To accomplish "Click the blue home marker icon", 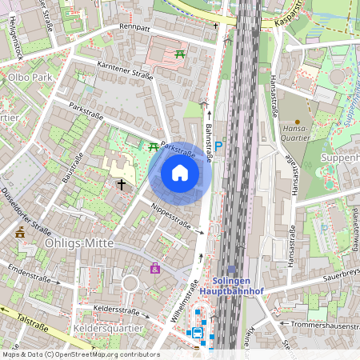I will coord(180,173).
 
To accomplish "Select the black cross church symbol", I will coord(122,184).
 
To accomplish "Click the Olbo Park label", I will coord(30,78).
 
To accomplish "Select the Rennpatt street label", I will coord(134,26).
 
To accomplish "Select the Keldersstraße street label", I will coord(117,309).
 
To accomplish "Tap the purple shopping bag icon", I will coord(154,268).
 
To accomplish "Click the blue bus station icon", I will coord(195,333).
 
